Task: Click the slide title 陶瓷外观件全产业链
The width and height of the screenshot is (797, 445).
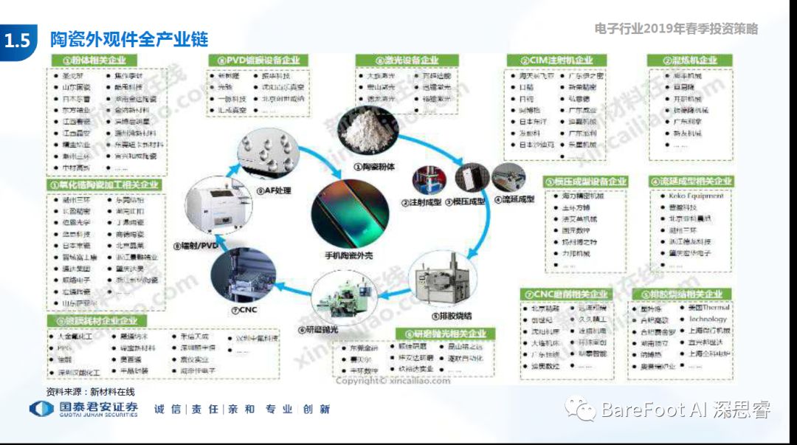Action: click(129, 39)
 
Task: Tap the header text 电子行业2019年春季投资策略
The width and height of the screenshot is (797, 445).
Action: click(675, 30)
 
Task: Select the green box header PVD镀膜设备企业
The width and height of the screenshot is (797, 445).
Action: click(258, 60)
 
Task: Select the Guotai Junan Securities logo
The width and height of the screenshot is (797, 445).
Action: click(83, 409)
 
